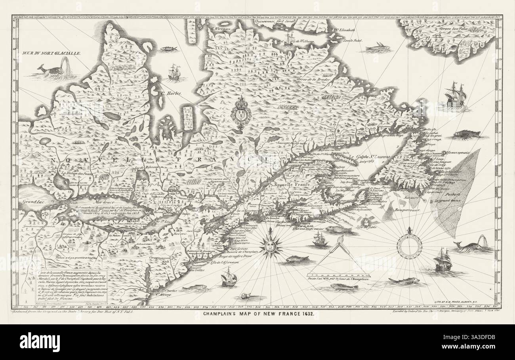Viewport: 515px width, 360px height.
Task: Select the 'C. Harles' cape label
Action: [170, 94]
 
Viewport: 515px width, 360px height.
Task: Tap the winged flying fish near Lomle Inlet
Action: [377, 48]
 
